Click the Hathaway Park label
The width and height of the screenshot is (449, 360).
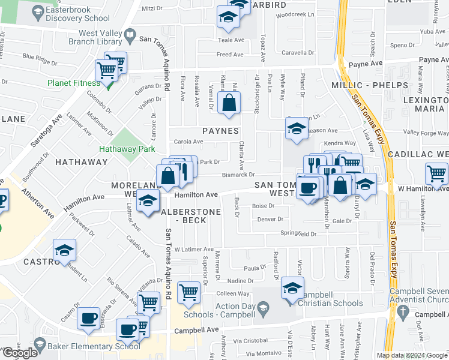128,149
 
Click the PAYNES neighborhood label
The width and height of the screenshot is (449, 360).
220,131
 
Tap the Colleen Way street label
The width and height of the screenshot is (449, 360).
233,293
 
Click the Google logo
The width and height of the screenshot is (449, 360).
19,353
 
